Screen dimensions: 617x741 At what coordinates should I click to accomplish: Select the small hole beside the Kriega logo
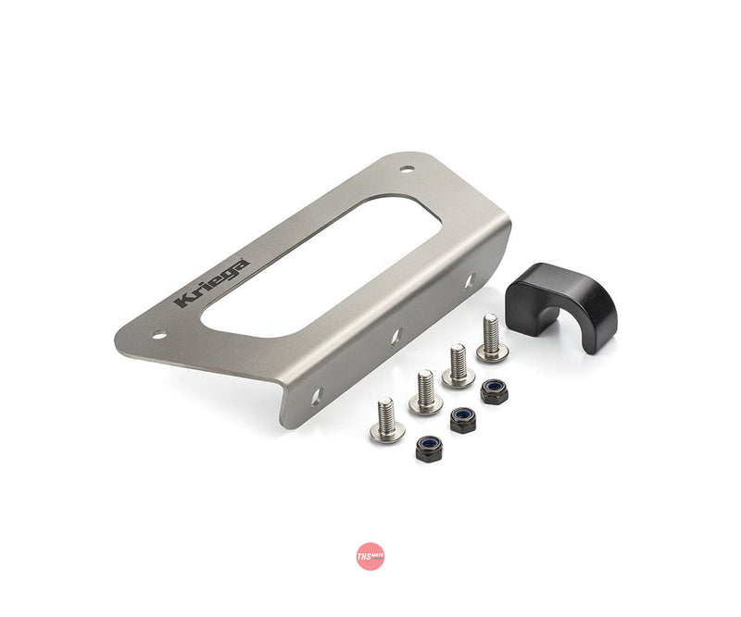point(159,333)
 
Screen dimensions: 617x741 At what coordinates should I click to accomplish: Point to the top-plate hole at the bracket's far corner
point(406,169)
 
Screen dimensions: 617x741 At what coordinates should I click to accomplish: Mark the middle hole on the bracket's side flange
point(396,337)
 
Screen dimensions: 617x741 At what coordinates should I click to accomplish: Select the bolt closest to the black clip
point(491,339)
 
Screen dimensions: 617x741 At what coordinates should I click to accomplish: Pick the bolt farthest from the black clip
point(386,421)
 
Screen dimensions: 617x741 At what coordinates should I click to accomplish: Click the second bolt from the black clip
point(458,364)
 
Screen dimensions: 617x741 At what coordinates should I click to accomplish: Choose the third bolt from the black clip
point(425,392)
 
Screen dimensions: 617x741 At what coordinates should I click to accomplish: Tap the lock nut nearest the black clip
point(494,390)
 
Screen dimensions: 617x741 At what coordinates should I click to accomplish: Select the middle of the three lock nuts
point(462,420)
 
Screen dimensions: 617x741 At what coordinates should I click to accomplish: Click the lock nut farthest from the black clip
point(429,450)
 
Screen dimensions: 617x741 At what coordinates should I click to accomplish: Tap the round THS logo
point(370,555)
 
